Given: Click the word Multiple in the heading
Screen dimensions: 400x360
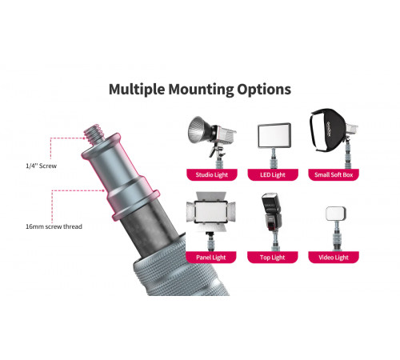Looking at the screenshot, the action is pyautogui.click(x=137, y=90).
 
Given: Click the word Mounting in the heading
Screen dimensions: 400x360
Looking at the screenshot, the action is pyautogui.click(x=201, y=90).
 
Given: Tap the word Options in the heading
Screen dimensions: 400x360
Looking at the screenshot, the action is pyautogui.click(x=264, y=90).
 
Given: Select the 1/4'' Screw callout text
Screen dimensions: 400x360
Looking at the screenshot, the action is pyautogui.click(x=42, y=166).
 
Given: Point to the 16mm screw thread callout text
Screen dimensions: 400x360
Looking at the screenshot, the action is pyautogui.click(x=54, y=226).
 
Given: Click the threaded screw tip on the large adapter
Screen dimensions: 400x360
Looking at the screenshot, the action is pyautogui.click(x=94, y=133).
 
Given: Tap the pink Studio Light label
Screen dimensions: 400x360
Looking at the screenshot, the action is pyautogui.click(x=212, y=174).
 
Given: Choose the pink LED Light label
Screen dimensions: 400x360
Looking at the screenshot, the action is pyautogui.click(x=273, y=174).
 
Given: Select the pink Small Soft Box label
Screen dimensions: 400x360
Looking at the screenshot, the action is pyautogui.click(x=334, y=174).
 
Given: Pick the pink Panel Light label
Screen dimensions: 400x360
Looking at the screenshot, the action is pyautogui.click(x=211, y=258).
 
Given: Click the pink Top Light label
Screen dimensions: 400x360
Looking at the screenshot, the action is pyautogui.click(x=272, y=258).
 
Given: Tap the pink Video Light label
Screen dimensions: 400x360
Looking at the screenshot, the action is pyautogui.click(x=334, y=258).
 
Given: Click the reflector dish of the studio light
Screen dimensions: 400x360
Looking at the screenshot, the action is pyautogui.click(x=198, y=130).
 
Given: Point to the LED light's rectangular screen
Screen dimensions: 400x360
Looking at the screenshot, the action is pyautogui.click(x=274, y=135).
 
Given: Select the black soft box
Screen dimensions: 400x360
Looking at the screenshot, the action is pyautogui.click(x=328, y=130).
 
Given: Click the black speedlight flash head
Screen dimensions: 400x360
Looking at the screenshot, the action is pyautogui.click(x=271, y=212).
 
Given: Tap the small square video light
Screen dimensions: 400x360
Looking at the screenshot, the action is pyautogui.click(x=336, y=214).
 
